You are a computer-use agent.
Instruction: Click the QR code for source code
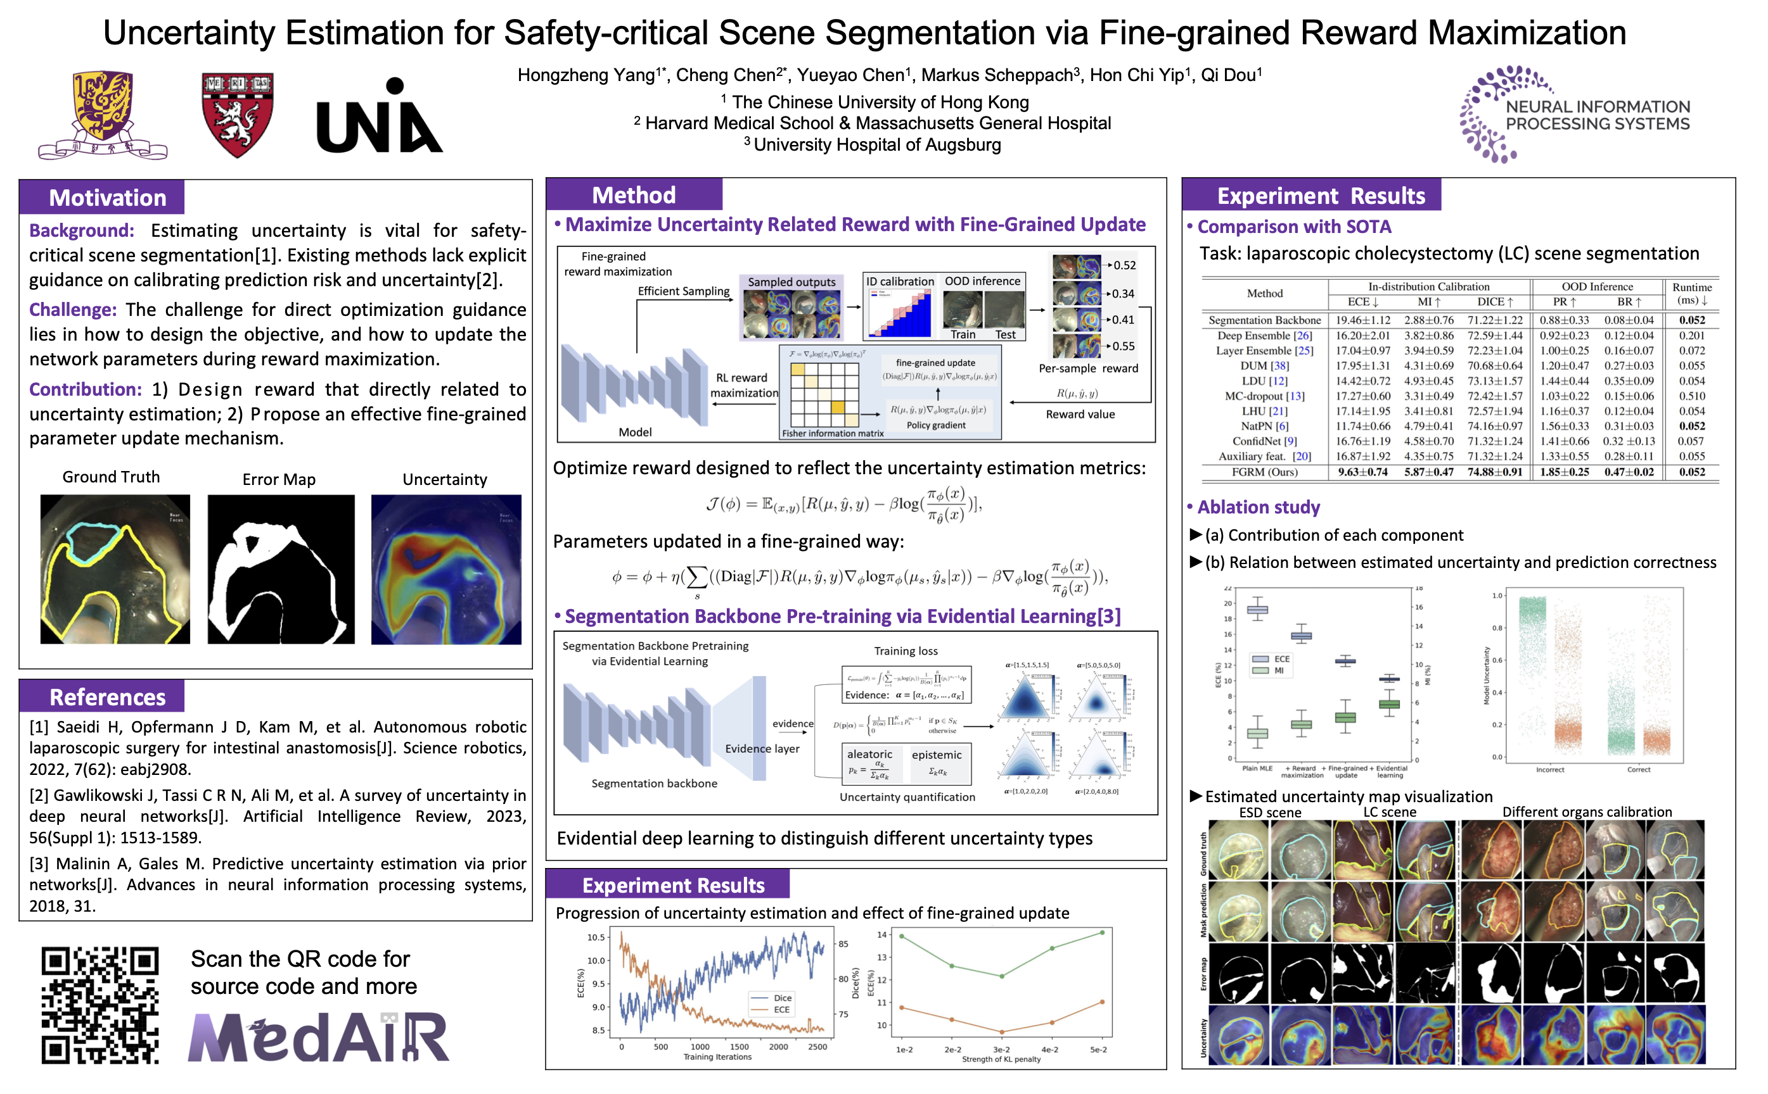coord(100,1004)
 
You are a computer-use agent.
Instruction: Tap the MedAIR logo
coord(319,1037)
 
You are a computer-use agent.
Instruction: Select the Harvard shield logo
coord(237,115)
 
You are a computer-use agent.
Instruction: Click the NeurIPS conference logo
coord(1575,115)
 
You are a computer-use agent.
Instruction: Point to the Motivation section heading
coord(107,198)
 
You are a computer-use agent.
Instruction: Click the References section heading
coord(107,697)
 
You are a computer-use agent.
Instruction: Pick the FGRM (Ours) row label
coord(1264,472)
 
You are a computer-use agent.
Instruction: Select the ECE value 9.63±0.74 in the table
coord(1362,472)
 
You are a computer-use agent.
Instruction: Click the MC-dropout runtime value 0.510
coord(1692,396)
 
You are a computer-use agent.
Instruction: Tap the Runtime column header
coord(1692,293)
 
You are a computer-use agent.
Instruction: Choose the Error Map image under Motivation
coord(281,569)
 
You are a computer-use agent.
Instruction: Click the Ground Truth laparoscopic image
coord(115,569)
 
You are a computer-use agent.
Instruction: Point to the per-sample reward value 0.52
coord(1124,265)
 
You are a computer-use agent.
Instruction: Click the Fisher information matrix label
coord(833,434)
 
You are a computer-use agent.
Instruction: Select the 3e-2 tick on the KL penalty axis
coord(1001,1049)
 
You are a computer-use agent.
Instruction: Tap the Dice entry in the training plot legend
coord(782,998)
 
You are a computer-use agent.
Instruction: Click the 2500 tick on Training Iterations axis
coord(817,1047)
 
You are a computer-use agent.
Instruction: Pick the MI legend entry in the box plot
coord(1279,670)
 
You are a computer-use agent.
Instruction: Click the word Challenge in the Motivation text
coord(72,310)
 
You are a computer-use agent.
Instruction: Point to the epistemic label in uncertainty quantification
coord(937,755)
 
